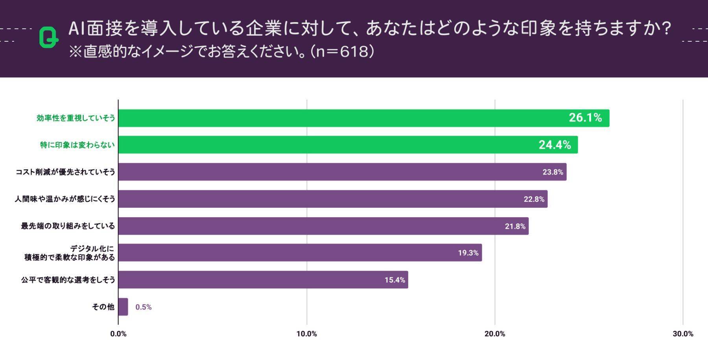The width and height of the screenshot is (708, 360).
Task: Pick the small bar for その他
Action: coord(123,307)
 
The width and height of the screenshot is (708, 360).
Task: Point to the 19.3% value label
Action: coord(468,253)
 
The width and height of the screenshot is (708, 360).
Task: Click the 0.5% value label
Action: coord(144,307)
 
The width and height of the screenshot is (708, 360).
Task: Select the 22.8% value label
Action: coord(534,199)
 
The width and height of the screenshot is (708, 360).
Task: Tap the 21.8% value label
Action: coord(515,226)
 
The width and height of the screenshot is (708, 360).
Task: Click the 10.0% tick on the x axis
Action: coord(306,334)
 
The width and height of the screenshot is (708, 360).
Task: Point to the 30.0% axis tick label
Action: coord(683,334)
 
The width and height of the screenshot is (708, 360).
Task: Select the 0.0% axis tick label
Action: coord(118,334)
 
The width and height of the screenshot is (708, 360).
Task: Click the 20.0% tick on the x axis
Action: coord(495,334)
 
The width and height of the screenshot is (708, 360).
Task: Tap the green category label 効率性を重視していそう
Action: coord(76,118)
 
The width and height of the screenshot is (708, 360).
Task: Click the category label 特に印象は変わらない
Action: coord(77,145)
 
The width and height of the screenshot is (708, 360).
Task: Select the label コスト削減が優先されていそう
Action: coord(65,172)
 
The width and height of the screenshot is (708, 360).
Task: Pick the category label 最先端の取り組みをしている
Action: coord(68,226)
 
